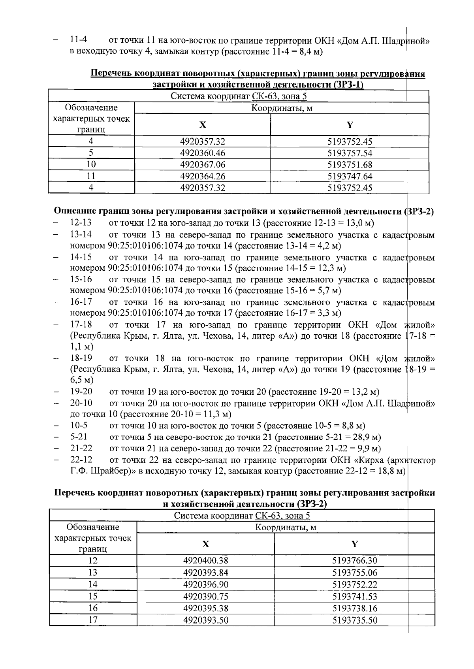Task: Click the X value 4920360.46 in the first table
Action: point(202,153)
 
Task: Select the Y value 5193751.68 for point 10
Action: point(350,164)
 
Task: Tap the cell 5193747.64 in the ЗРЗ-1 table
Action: point(350,176)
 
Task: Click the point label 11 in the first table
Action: point(91,176)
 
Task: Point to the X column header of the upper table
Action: point(202,125)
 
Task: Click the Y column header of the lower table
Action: point(354,544)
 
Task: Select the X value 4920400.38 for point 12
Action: point(205,560)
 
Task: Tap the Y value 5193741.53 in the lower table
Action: point(354,596)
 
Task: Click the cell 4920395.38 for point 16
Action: point(205,608)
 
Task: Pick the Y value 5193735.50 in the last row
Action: point(354,620)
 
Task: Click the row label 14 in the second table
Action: point(93,584)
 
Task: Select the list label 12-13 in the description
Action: point(81,223)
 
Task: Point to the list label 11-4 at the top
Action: point(78,40)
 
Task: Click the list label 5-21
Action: point(79,437)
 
